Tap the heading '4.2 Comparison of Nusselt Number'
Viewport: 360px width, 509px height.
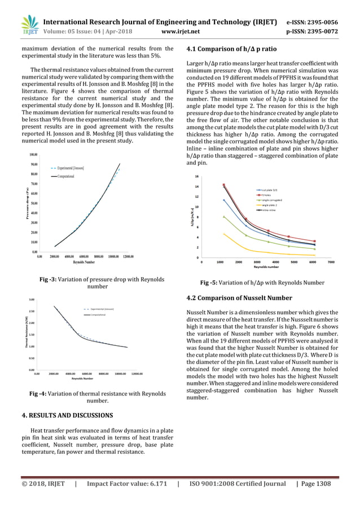click(239, 298)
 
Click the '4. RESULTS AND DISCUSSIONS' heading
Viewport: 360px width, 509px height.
click(67, 415)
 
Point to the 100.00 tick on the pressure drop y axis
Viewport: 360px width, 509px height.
click(33, 154)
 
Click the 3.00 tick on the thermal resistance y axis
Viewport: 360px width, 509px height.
click(32, 300)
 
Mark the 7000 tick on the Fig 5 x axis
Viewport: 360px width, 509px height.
click(331, 262)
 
